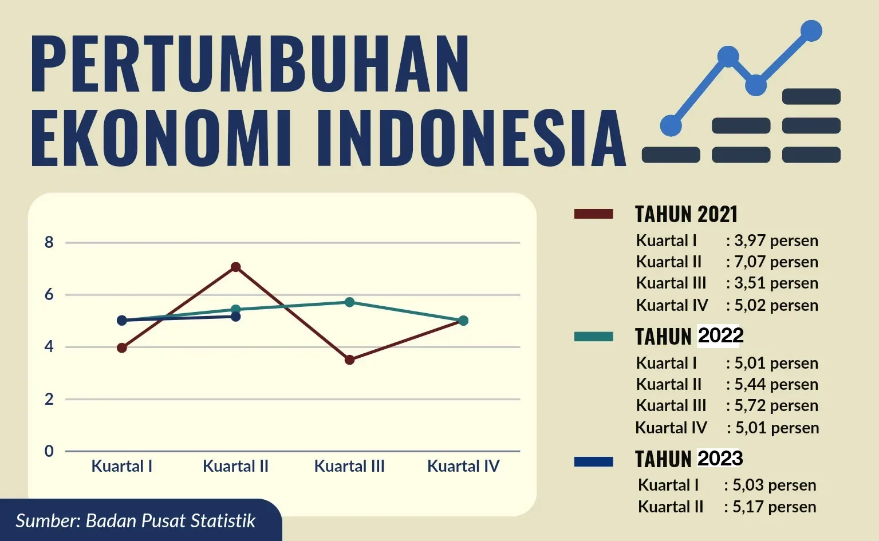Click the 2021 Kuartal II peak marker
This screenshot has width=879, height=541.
tap(235, 267)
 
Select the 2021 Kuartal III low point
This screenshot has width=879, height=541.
tap(349, 360)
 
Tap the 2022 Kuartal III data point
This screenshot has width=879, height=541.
tap(349, 302)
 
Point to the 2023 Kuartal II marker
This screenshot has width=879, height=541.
tap(235, 316)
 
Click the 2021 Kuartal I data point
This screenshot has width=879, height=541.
tap(122, 347)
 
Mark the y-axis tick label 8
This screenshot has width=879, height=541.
tap(49, 243)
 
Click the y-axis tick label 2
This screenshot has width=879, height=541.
tap(49, 399)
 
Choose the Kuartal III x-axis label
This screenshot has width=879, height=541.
tap(349, 466)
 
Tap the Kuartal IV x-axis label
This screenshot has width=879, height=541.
tap(463, 466)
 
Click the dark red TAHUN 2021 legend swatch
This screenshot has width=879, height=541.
tap(593, 214)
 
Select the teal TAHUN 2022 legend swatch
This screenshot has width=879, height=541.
tap(593, 337)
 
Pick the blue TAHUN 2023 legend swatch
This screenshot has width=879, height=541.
tap(593, 461)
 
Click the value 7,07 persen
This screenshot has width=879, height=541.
tap(776, 262)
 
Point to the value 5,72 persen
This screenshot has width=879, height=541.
tap(776, 405)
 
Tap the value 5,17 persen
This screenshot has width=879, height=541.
tap(774, 507)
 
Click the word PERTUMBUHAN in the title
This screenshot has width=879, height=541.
tap(250, 64)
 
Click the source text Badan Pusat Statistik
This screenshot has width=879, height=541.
tap(170, 521)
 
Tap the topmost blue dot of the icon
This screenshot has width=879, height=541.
tap(811, 31)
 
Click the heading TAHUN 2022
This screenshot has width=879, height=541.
tap(689, 336)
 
